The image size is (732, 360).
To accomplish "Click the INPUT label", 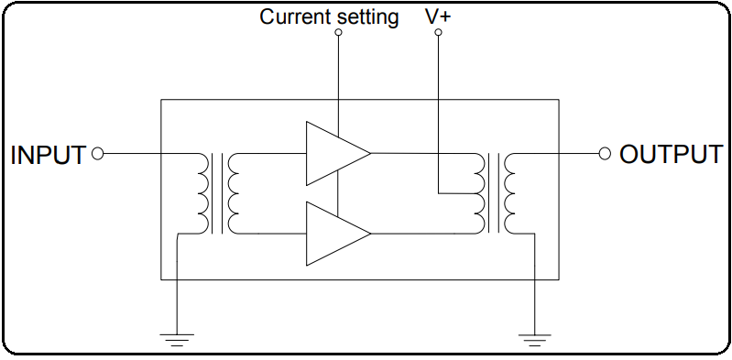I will [48, 155].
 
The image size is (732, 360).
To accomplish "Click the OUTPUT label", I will [671, 154].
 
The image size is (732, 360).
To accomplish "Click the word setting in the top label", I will [365, 17].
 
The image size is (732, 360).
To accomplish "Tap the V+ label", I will [439, 16].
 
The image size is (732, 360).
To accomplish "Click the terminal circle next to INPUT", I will [98, 154].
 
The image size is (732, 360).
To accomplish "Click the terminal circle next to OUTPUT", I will [604, 154].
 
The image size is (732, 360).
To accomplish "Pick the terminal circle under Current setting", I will [338, 33].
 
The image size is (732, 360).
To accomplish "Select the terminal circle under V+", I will [438, 33].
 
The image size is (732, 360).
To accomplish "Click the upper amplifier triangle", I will [332, 153].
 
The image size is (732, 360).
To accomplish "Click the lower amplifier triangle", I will [332, 234].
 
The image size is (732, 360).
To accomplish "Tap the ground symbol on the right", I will [534, 339].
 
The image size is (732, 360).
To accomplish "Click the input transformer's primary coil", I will [201, 193].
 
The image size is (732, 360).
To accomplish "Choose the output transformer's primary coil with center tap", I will [477, 193].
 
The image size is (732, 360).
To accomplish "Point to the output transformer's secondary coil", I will [510, 193].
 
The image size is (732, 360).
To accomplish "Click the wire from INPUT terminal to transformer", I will [147, 154].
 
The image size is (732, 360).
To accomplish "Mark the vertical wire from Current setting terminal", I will [338, 82].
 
